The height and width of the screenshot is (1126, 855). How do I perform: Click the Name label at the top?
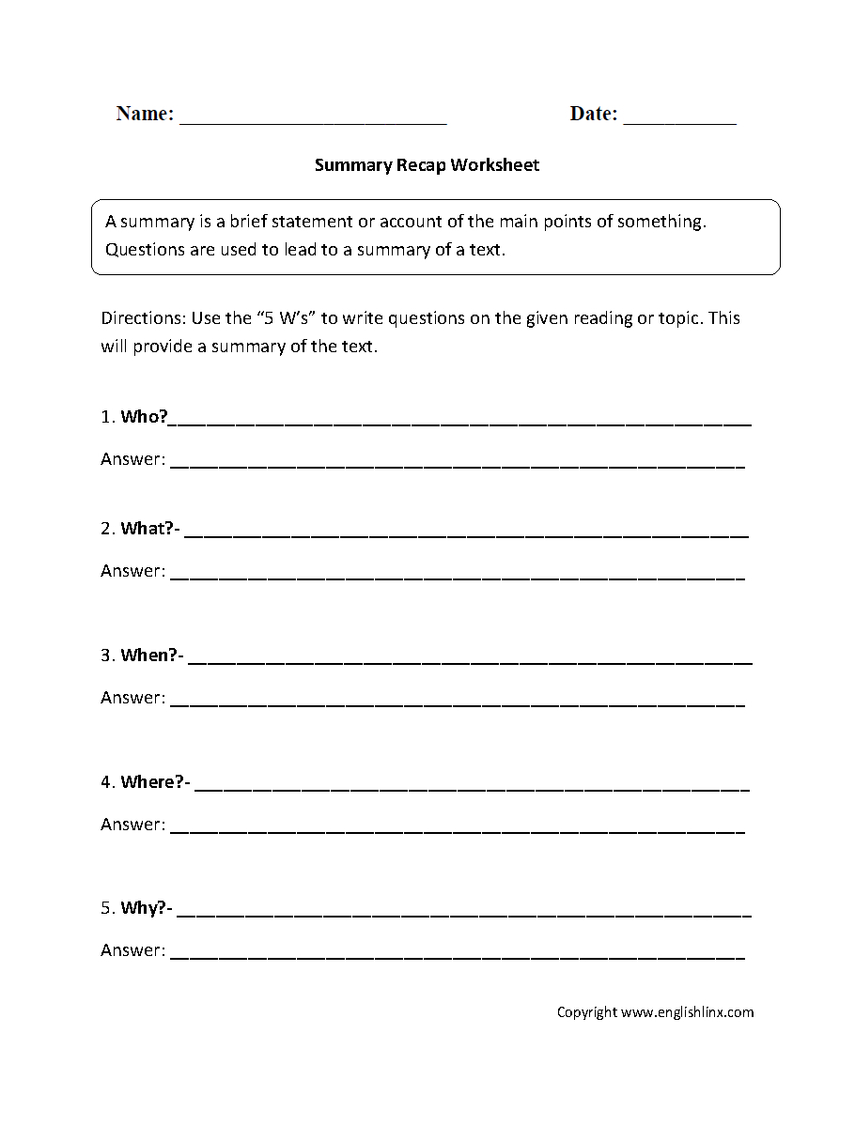tap(145, 114)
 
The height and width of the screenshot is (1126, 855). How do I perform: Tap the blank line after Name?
tap(313, 121)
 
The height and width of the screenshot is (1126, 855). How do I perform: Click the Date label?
tap(594, 114)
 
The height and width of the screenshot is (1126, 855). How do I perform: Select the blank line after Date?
tap(679, 121)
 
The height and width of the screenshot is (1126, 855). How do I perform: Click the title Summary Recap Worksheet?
tap(427, 165)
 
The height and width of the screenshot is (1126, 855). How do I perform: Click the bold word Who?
tap(144, 417)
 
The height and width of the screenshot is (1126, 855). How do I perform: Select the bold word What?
tap(148, 529)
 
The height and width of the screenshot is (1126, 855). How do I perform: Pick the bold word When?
tap(149, 656)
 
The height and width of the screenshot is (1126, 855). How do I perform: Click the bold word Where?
tap(154, 781)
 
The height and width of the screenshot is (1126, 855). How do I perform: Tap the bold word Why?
tap(145, 908)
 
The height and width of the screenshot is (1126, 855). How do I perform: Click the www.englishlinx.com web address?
tap(688, 1012)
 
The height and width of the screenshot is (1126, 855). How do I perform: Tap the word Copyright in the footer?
tap(587, 1012)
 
